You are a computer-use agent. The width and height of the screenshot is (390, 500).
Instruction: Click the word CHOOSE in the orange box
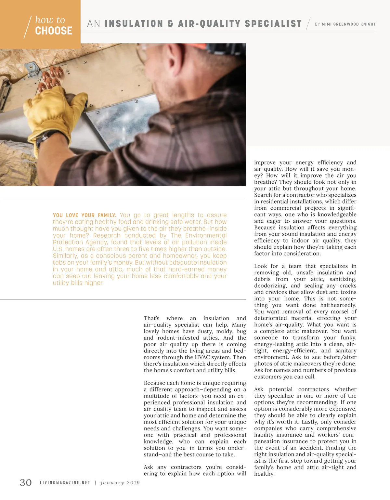pyautogui.click(x=54, y=31)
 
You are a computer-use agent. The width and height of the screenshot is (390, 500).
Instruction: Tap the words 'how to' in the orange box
pyautogui.click(x=50, y=20)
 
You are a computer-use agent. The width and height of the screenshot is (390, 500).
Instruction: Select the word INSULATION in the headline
pyautogui.click(x=134, y=24)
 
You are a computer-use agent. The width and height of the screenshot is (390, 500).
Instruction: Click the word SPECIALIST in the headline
pyautogui.click(x=273, y=24)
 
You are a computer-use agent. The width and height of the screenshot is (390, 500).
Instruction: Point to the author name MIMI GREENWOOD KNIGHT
pyautogui.click(x=348, y=24)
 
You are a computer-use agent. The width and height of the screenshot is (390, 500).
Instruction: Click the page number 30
pyautogui.click(x=26, y=482)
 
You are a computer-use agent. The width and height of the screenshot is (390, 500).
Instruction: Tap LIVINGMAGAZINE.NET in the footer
pyautogui.click(x=65, y=483)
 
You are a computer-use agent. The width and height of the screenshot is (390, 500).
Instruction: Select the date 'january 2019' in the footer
pyautogui.click(x=120, y=483)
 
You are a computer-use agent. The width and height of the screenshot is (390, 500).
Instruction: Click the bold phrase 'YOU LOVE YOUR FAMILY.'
pyautogui.click(x=84, y=215)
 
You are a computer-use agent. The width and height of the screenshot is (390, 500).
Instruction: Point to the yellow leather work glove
pyautogui.click(x=55, y=112)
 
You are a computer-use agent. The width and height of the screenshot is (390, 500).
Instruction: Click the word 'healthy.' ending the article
pyautogui.click(x=264, y=474)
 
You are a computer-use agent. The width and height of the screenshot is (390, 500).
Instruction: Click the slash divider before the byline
pyautogui.click(x=308, y=24)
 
